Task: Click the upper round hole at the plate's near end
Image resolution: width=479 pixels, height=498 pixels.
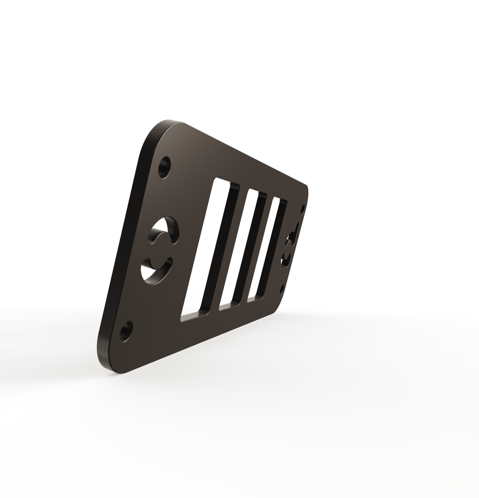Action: [165, 167]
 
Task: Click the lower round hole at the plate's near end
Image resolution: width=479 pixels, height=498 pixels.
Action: [126, 331]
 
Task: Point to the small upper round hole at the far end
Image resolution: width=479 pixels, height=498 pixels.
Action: [303, 209]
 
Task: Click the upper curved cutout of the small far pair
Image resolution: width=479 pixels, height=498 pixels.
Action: [292, 236]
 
